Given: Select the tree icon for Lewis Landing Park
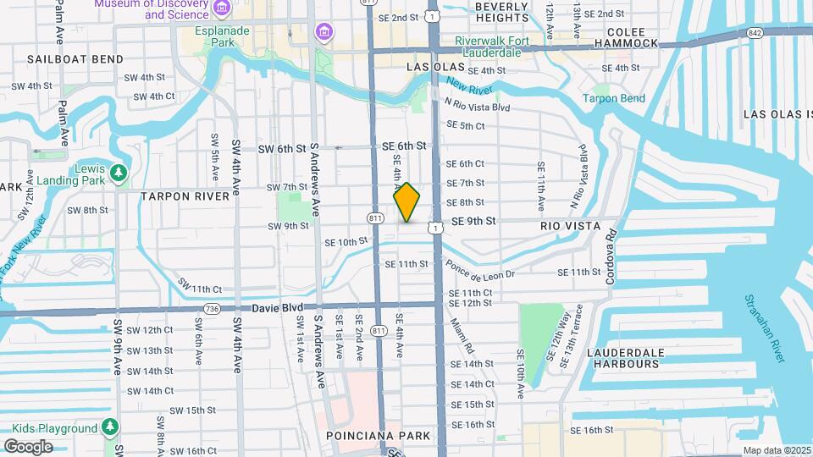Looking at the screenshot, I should click(x=118, y=173).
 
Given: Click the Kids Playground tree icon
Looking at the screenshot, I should click(x=109, y=428).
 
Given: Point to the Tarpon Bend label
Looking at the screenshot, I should click(x=614, y=98).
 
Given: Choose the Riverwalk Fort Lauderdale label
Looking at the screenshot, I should click(x=491, y=47).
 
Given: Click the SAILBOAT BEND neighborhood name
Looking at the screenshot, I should click(x=75, y=59).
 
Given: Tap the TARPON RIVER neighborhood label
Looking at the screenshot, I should click(x=185, y=196).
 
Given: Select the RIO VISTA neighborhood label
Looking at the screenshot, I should click(x=570, y=226).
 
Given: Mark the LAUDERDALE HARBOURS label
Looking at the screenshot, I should click(x=611, y=358).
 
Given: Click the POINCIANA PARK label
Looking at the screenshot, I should click(x=379, y=436).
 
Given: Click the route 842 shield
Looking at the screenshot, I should click(x=753, y=32).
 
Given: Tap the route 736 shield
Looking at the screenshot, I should click(x=212, y=309).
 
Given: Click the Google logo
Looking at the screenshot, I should click(x=29, y=446).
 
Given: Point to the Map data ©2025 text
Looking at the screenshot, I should click(x=775, y=450).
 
